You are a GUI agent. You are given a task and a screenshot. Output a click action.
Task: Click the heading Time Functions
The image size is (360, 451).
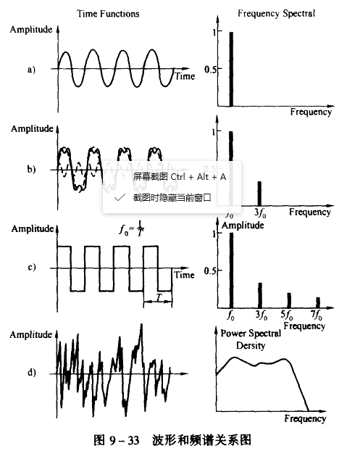[108, 14]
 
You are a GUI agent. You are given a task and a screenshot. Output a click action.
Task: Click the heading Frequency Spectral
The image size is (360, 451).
[277, 14]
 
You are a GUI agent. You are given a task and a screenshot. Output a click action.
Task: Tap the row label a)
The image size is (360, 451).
[31, 70]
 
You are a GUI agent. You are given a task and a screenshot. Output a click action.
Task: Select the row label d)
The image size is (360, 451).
[32, 373]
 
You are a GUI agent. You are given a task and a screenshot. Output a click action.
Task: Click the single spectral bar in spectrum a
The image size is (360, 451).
[231, 69]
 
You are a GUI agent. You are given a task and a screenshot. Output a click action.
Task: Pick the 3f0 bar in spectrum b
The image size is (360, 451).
[259, 194]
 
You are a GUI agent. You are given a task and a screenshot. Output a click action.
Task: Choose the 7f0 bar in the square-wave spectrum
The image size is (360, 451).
[318, 302]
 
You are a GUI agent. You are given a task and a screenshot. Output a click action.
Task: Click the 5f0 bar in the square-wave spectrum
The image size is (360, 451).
[289, 301]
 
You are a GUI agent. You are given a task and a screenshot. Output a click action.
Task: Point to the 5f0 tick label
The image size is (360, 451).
[287, 315]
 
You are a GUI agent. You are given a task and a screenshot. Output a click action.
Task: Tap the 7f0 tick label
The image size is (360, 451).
[317, 315]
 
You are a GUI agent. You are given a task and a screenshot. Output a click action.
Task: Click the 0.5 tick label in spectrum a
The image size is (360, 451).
[210, 70]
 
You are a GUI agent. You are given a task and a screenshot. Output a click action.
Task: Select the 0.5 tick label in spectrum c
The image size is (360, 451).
[210, 271]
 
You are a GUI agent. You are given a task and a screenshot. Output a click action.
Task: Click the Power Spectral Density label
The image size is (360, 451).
[251, 339]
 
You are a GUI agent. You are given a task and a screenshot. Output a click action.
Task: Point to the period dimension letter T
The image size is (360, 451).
[159, 298]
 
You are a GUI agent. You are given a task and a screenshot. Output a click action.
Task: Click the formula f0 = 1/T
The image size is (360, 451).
[132, 229]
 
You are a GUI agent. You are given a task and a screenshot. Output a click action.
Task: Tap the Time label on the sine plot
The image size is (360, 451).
[185, 76]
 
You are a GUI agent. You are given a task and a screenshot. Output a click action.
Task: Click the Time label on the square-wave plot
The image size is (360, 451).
[185, 275]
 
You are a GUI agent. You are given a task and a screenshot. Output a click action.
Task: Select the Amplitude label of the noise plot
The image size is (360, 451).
[31, 335]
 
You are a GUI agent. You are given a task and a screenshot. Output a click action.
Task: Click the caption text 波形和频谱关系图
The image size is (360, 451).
[201, 440]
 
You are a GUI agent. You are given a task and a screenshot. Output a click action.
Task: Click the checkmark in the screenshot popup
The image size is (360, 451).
[120, 197]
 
